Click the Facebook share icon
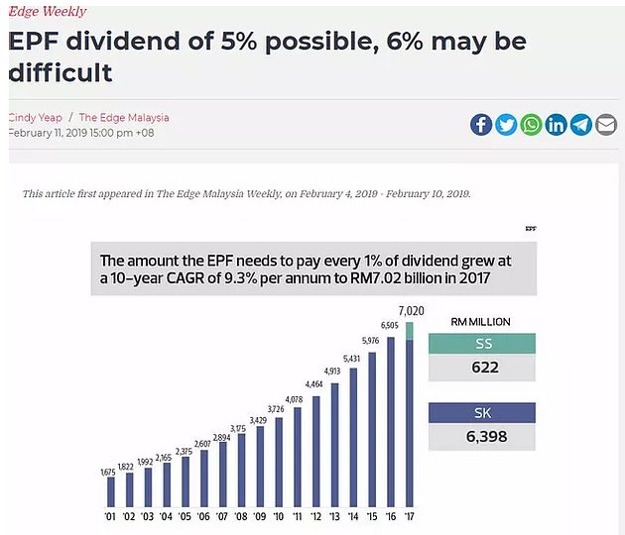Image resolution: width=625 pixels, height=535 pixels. pyautogui.click(x=481, y=124)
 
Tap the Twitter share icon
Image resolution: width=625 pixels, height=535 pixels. pyautogui.click(x=506, y=124)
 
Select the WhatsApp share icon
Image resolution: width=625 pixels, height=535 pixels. pyautogui.click(x=531, y=124)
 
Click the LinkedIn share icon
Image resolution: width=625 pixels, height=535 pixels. pyautogui.click(x=556, y=124)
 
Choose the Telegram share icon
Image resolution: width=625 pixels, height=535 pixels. pyautogui.click(x=580, y=124)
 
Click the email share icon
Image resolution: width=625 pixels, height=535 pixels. pyautogui.click(x=605, y=124)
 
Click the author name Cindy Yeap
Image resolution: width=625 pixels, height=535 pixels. pyautogui.click(x=36, y=117)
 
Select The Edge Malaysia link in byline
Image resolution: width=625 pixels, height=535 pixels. pyautogui.click(x=124, y=117)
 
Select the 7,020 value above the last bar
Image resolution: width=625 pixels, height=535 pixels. pyautogui.click(x=411, y=310)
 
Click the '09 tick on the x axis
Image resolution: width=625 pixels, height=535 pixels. pyautogui.click(x=259, y=515)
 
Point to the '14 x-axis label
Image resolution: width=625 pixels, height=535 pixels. pyautogui.click(x=353, y=515)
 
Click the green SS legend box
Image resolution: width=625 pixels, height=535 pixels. pyautogui.click(x=481, y=343)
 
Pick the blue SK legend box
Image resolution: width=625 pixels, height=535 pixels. pyautogui.click(x=481, y=412)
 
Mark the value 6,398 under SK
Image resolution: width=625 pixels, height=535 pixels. pyautogui.click(x=481, y=437)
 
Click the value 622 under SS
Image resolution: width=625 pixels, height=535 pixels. pyautogui.click(x=481, y=368)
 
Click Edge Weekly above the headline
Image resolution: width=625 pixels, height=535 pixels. pyautogui.click(x=48, y=12)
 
